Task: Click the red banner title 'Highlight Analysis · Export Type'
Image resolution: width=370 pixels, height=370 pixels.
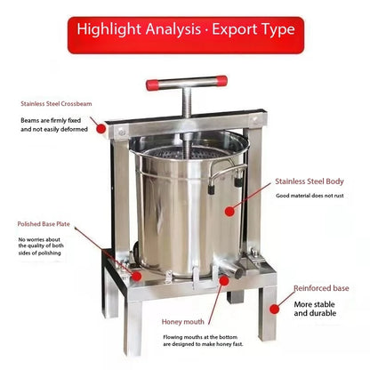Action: (x=185, y=28)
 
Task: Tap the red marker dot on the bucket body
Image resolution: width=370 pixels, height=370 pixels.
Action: (x=230, y=211)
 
